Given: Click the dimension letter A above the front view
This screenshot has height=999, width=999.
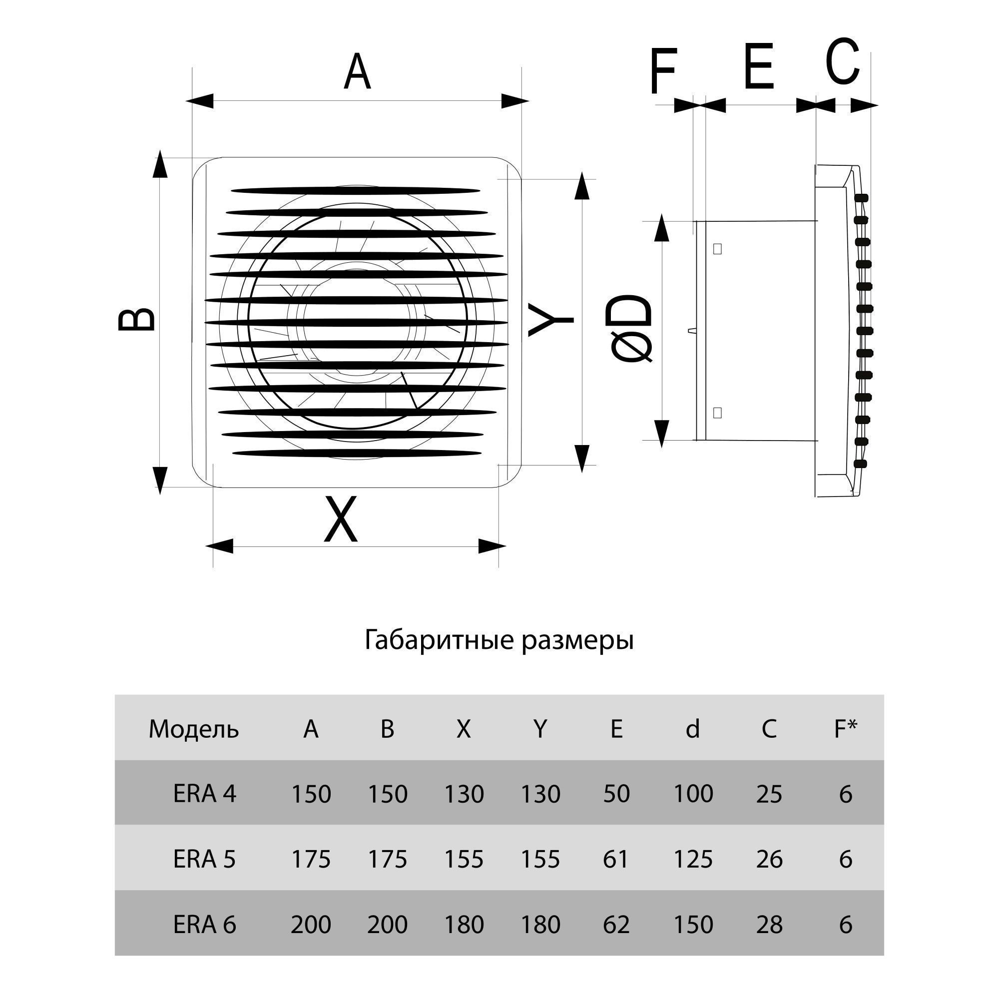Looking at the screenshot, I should pyautogui.click(x=357, y=72).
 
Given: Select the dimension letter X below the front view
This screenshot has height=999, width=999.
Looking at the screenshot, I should pyautogui.click(x=340, y=519).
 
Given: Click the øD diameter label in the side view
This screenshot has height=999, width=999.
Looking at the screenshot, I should pyautogui.click(x=632, y=329).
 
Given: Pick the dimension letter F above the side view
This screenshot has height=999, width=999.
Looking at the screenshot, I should pyautogui.click(x=663, y=72).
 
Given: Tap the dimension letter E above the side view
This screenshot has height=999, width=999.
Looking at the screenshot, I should pyautogui.click(x=759, y=66).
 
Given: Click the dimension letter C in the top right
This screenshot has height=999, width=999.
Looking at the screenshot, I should pyautogui.click(x=842, y=61).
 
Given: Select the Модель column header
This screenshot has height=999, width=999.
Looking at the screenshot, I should pyautogui.click(x=193, y=729).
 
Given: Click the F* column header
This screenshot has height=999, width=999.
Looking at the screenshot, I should pyautogui.click(x=846, y=729).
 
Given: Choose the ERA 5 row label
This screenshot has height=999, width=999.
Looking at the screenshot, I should pyautogui.click(x=204, y=859).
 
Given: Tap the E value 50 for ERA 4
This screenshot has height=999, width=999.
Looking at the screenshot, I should pyautogui.click(x=616, y=794).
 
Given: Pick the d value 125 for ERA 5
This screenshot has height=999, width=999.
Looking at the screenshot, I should pyautogui.click(x=693, y=859).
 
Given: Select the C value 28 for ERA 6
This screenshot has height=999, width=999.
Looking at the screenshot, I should pyautogui.click(x=769, y=924).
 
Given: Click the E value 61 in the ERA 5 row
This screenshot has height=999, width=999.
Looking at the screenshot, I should pyautogui.click(x=616, y=859).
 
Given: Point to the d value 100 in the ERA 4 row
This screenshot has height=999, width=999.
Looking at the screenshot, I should pyautogui.click(x=693, y=794).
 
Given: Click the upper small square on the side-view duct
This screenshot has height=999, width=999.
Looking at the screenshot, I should pyautogui.click(x=717, y=249).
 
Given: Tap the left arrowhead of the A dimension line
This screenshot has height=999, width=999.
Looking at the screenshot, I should pyautogui.click(x=200, y=101).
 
